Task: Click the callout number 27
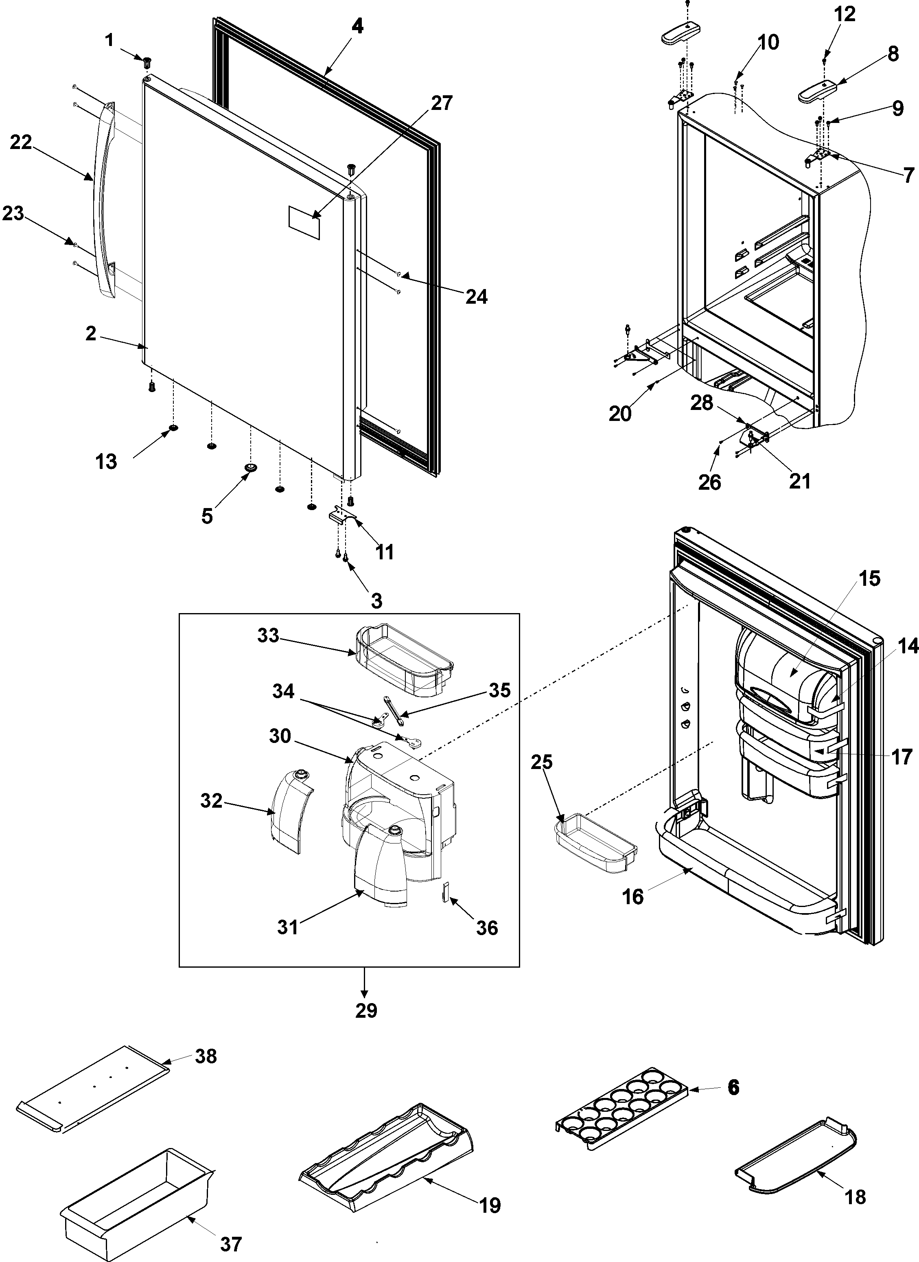click(441, 103)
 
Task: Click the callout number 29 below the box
click(366, 1010)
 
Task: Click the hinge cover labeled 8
click(817, 91)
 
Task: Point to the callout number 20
click(620, 414)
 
